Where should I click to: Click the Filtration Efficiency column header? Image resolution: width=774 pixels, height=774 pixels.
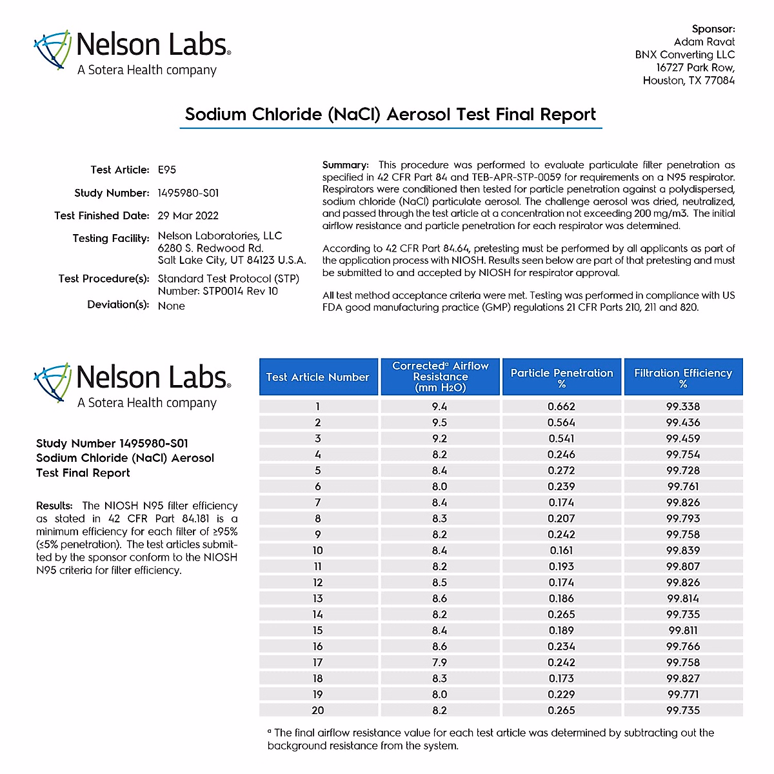point(683,377)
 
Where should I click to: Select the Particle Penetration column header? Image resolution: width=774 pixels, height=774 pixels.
point(562,377)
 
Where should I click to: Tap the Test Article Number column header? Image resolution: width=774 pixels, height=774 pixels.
point(317,377)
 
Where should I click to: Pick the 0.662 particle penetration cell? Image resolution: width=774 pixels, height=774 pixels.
point(561,407)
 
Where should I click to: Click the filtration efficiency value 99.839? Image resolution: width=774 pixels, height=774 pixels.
point(683,551)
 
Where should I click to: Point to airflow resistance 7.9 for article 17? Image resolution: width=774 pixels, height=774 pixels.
point(439,662)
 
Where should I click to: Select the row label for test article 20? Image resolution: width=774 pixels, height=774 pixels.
point(317,710)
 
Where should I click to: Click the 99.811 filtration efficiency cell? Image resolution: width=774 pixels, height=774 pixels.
point(683,631)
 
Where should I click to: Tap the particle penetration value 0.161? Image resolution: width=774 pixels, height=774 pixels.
point(561,551)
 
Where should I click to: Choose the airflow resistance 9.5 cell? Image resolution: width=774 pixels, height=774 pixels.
point(439,422)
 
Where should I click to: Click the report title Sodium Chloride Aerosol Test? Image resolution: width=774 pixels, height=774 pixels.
point(390,115)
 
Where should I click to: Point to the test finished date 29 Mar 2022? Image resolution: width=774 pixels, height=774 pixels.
point(188,216)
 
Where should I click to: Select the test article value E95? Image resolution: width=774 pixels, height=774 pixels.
point(167,170)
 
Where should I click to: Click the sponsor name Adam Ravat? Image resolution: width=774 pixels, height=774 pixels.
point(704,42)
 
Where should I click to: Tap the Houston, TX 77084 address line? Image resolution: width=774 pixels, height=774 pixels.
point(688,81)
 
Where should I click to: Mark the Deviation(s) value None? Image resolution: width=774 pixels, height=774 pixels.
point(172,306)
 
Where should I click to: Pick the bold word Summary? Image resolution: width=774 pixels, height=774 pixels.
point(345,165)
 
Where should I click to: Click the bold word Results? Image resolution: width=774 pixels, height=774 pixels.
point(54,506)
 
